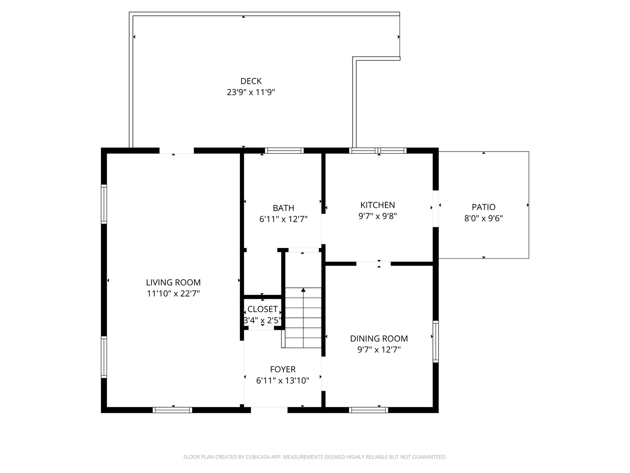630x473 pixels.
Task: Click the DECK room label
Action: pos(251,81)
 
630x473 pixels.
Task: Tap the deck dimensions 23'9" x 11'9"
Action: pos(251,92)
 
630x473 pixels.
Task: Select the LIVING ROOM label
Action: pos(174,283)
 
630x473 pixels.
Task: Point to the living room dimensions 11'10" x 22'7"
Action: pos(174,293)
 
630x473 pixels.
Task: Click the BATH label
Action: pos(283,208)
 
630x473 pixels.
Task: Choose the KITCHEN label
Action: pos(378,205)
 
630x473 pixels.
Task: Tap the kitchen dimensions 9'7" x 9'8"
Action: pos(378,216)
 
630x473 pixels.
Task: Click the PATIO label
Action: pos(484,207)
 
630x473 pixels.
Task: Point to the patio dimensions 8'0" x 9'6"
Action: pos(484,218)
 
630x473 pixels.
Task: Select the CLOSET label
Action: pos(262,309)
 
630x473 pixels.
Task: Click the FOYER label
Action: pos(283,370)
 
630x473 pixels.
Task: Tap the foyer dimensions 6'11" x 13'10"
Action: pos(283,381)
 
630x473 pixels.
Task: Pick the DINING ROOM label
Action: pos(379,339)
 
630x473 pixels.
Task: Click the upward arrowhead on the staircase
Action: pos(303,290)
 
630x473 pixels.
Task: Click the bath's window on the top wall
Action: pos(284,151)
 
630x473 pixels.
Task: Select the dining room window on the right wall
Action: pos(436,341)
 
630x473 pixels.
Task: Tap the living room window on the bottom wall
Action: pos(172,410)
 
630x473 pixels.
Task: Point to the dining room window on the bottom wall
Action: pos(368,410)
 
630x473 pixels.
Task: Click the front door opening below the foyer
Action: pos(269,410)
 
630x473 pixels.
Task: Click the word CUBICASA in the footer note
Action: pos(257,457)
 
